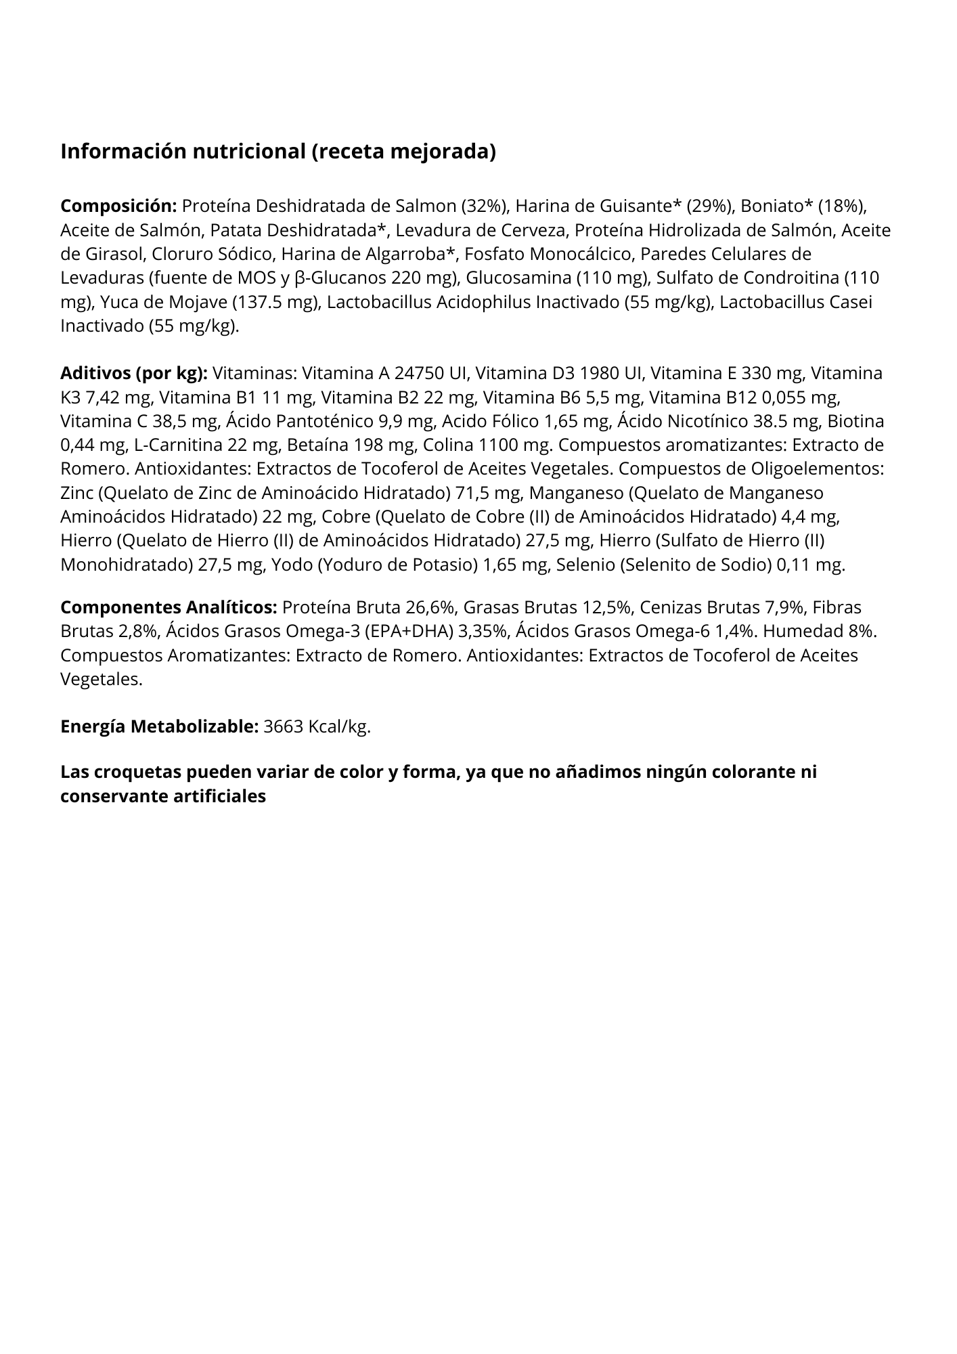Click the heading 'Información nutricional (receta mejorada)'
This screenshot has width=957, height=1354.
point(278,152)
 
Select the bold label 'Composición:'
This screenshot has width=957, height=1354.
point(118,206)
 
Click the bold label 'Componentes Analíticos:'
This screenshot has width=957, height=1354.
point(169,607)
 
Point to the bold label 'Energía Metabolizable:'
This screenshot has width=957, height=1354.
point(159,727)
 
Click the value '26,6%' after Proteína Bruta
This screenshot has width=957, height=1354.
point(430,607)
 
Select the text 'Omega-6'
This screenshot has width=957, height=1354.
point(679,632)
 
